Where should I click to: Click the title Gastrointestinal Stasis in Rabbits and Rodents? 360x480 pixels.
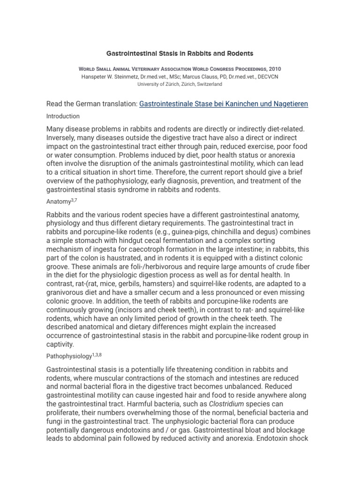pyautogui.click(x=180, y=53)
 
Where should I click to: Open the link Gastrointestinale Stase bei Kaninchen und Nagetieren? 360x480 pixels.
pyautogui.click(x=224, y=104)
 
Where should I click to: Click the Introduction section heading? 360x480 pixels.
pyautogui.click(x=63, y=116)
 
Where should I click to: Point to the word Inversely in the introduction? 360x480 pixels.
pyautogui.click(x=63, y=138)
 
